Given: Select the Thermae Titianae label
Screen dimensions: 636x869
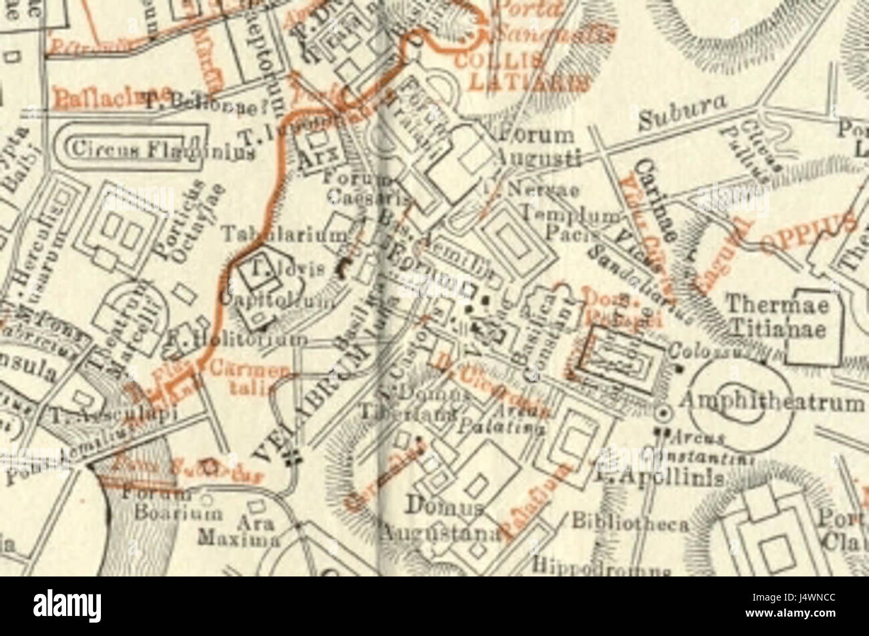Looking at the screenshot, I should [x=777, y=317].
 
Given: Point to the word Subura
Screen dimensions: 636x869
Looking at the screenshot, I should [x=681, y=115].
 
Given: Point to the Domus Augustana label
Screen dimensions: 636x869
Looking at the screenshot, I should [x=441, y=520].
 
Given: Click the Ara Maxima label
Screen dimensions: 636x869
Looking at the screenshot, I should [x=239, y=531].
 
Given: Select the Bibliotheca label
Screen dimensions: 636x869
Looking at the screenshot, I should [x=628, y=523].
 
